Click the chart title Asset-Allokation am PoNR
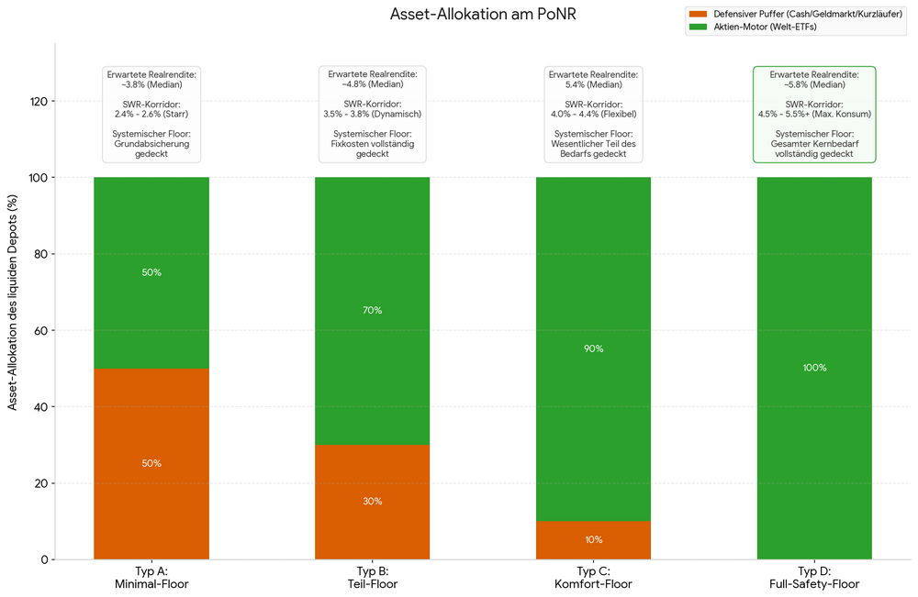[483, 14]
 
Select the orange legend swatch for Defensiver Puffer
[699, 14]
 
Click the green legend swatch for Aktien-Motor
[699, 27]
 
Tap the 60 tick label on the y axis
[40, 330]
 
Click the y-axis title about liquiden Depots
[12, 303]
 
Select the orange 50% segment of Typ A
[151, 464]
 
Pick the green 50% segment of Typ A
[151, 272]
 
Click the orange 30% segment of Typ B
[373, 503]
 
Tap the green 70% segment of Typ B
[373, 311]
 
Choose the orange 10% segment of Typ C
[594, 540]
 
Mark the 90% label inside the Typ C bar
[594, 348]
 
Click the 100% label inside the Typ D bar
[814, 368]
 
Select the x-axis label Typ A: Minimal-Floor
[151, 578]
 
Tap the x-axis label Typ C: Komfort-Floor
[594, 578]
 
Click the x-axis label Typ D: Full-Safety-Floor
[814, 578]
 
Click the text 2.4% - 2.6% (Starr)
[151, 114]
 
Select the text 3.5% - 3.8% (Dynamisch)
[373, 114]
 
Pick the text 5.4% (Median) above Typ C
[594, 84]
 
